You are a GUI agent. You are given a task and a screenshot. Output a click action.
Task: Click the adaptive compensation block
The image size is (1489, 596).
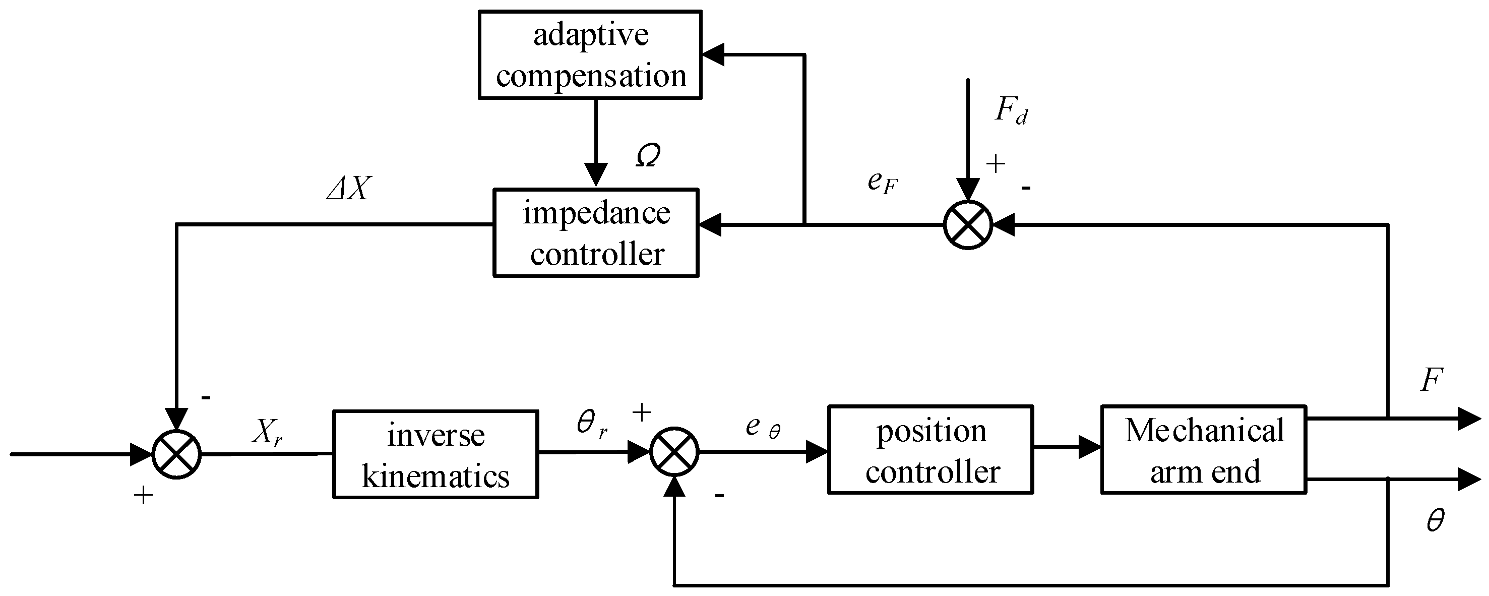[590, 55]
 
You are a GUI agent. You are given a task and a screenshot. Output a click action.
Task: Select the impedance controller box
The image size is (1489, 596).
[596, 233]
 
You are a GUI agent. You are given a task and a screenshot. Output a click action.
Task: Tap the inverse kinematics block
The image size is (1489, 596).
[435, 454]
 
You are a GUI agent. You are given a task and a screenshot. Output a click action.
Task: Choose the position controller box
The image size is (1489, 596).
[930, 450]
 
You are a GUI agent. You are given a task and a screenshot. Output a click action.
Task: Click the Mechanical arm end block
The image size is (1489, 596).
[1204, 450]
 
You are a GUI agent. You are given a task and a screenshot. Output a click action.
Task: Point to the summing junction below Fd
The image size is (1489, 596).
[968, 225]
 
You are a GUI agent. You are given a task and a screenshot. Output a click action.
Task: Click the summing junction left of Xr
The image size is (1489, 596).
[176, 454]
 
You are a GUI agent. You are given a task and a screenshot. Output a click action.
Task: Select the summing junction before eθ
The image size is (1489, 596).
[674, 452]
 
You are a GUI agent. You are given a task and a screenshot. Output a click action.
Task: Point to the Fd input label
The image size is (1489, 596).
[1010, 110]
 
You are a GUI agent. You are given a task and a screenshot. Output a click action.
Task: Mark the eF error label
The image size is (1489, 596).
[882, 183]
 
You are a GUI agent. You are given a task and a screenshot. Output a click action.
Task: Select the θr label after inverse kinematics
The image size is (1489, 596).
[592, 425]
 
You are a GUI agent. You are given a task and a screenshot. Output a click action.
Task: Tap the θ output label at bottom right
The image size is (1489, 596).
[1435, 520]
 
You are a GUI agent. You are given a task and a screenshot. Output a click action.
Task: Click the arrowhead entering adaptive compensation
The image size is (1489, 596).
[712, 55]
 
